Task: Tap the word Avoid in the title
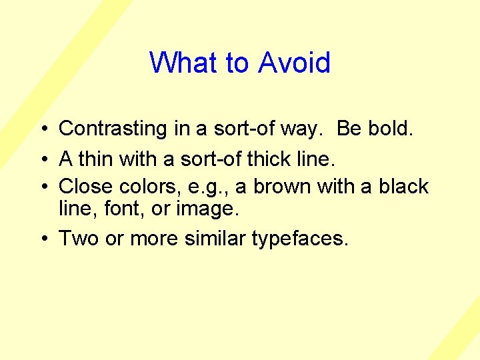coord(294,63)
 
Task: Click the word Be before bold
coord(349,129)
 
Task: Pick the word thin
coord(97,159)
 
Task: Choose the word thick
coord(278,159)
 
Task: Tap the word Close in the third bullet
coord(87,186)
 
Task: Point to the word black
coord(403,186)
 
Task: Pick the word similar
coord(212,239)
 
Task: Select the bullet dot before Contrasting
coord(42,129)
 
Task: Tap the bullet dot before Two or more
coord(42,239)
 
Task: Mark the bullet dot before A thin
coord(42,160)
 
